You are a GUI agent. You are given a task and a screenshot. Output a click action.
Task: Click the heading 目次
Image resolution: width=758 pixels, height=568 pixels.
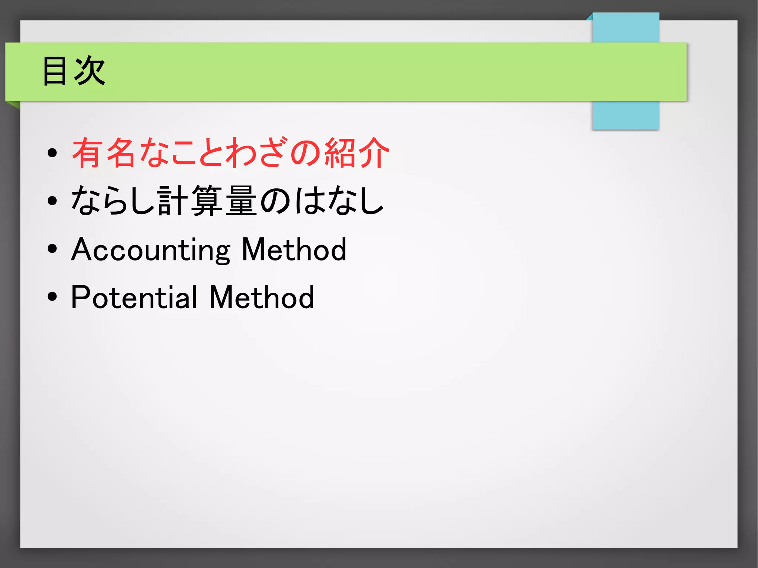click(x=74, y=71)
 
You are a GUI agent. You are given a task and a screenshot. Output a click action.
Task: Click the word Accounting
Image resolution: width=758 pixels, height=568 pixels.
click(x=151, y=250)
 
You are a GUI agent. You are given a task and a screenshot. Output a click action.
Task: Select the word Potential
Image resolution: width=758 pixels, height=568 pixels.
click(x=134, y=297)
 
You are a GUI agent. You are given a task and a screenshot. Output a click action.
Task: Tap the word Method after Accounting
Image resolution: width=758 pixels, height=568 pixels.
click(x=294, y=250)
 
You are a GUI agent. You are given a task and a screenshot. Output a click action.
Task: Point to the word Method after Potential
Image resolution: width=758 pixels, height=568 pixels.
click(x=262, y=297)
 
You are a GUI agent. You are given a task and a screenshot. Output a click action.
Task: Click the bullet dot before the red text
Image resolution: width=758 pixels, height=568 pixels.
click(x=52, y=153)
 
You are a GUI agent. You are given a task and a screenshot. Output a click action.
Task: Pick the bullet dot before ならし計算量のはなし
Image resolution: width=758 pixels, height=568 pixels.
click(x=52, y=201)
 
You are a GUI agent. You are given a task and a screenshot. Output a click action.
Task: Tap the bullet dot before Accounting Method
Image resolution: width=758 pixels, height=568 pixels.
click(x=52, y=249)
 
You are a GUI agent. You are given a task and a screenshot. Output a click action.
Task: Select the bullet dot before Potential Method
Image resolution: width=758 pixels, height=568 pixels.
click(x=52, y=296)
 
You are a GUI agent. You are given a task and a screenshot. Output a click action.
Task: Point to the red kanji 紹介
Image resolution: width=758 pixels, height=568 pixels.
click(x=357, y=153)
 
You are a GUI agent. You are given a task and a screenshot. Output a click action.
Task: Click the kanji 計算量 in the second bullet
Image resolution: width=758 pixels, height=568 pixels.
click(x=207, y=201)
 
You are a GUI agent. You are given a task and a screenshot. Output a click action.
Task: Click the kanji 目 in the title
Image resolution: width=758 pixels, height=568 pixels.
click(x=55, y=71)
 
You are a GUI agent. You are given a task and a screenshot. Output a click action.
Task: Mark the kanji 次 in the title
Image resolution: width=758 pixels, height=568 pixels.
click(x=90, y=71)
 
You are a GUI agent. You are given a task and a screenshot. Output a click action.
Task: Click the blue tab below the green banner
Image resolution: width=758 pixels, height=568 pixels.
click(x=626, y=115)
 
